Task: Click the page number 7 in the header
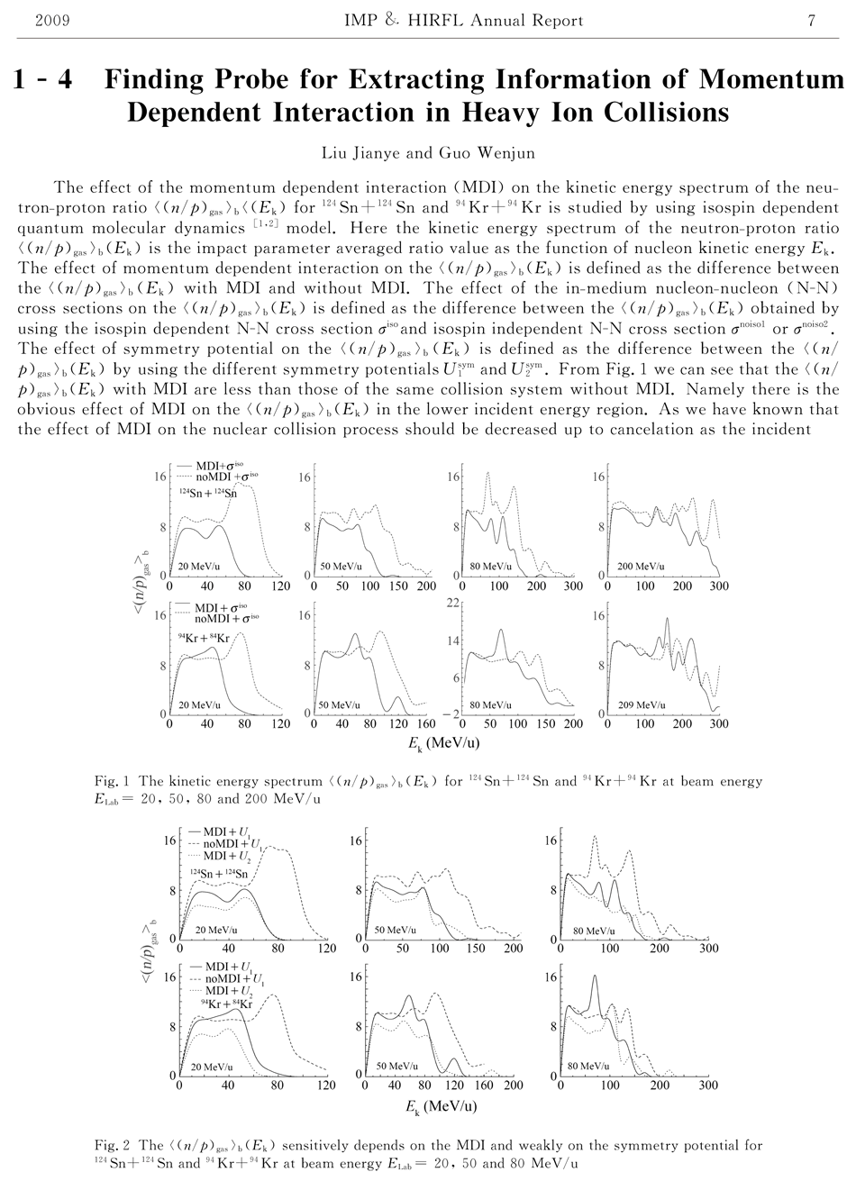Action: tap(812, 21)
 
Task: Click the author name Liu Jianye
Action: tap(360, 153)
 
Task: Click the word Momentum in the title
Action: tap(771, 81)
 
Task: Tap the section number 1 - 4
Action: tap(43, 81)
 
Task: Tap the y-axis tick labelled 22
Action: tap(454, 602)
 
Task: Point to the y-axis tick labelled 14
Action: tap(454, 641)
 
